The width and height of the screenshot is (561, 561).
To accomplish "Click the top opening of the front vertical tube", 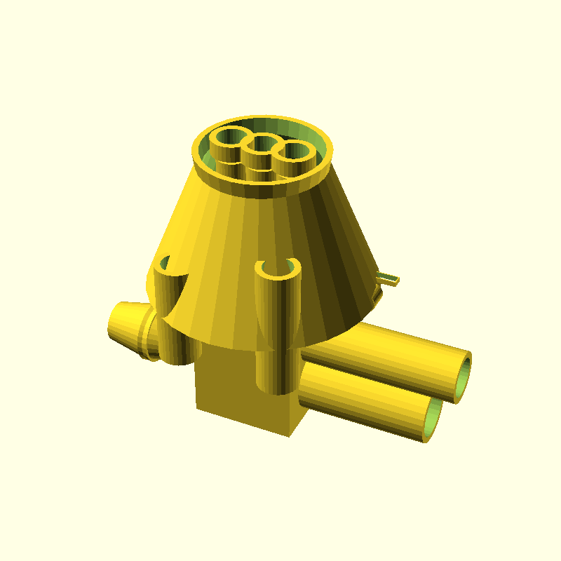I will point(278,266).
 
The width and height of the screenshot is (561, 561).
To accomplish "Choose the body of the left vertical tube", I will point(168,316).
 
